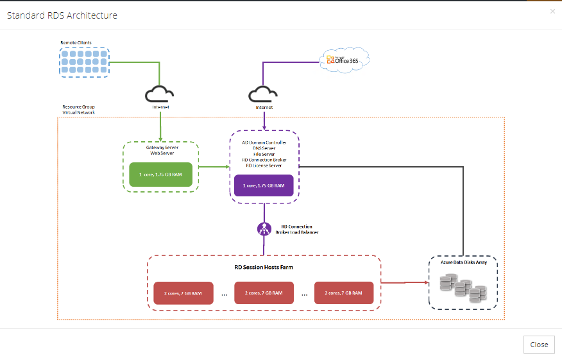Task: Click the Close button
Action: coord(539,345)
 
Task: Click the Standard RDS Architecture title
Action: coord(62,15)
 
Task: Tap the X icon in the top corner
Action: coord(552,12)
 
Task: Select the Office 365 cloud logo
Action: coord(345,60)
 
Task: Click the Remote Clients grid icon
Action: coord(85,62)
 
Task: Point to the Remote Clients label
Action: coord(76,43)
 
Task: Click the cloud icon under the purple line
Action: coord(264,94)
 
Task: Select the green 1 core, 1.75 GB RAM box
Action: coord(160,175)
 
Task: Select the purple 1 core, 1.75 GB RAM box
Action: coord(264,185)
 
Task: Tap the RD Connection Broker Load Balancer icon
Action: coord(264,228)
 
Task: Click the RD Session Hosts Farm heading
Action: coord(264,266)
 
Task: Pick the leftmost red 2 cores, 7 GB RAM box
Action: coord(183,293)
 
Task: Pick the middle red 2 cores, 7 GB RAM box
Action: coord(264,293)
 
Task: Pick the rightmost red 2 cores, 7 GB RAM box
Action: coord(344,293)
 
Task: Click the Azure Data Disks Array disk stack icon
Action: coord(461,287)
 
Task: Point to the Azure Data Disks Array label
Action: coord(463,262)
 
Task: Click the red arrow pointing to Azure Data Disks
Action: coord(404,282)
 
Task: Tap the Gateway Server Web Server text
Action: coord(160,151)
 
